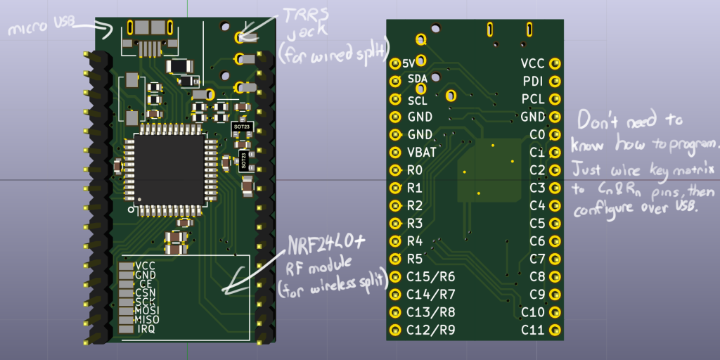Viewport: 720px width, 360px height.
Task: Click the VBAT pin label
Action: point(422,152)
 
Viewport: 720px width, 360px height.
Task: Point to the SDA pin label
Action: point(418,79)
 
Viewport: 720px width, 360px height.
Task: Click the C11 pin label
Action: point(532,329)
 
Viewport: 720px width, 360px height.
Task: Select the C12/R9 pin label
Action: point(430,330)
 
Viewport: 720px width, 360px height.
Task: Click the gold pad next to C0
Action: point(555,134)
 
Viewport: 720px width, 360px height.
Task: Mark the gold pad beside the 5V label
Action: point(393,63)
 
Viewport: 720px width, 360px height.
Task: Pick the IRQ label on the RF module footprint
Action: point(146,329)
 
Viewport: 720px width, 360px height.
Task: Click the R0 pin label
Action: point(415,170)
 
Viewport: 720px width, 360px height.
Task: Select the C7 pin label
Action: point(537,258)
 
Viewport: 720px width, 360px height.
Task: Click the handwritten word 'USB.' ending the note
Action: point(676,209)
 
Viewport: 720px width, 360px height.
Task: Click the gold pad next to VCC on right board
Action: point(555,63)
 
